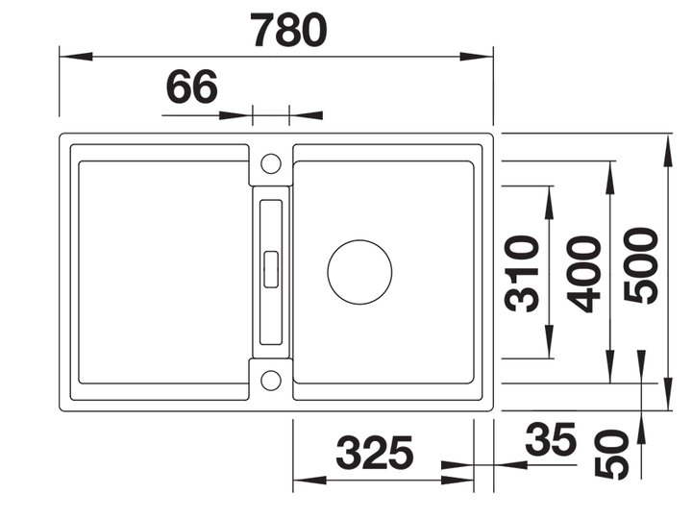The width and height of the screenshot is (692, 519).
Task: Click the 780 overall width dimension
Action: [288, 30]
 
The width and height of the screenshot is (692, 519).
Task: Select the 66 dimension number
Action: [192, 86]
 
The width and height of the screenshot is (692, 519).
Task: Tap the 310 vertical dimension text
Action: [522, 274]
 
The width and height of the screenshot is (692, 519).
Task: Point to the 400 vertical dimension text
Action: [583, 274]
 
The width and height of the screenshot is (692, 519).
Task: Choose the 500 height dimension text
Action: [641, 265]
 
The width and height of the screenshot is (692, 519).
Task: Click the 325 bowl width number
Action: [375, 453]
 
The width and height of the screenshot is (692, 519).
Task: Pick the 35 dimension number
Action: [551, 439]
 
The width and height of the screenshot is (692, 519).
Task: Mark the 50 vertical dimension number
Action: [611, 454]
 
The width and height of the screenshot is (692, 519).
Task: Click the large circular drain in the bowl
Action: [359, 272]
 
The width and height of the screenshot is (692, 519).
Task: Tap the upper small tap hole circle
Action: [270, 163]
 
